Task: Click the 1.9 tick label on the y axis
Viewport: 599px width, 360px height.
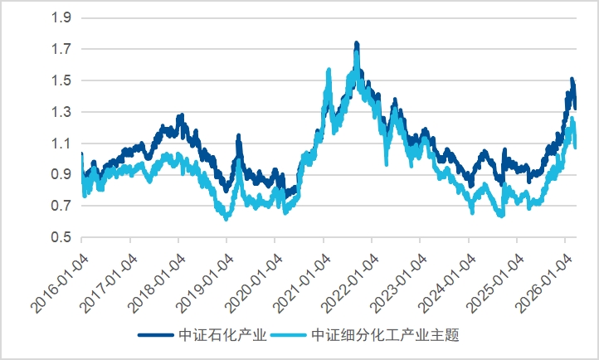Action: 61,17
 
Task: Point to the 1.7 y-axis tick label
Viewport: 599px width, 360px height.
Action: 61,49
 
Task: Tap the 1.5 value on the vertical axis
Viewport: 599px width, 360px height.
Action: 61,80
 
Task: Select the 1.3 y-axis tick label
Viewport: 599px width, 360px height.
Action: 61,112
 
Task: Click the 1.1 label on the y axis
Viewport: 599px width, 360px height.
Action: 61,144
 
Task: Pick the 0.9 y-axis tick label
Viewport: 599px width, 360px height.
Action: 61,174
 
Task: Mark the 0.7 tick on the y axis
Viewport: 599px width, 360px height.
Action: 61,206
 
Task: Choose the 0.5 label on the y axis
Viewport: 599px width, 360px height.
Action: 61,237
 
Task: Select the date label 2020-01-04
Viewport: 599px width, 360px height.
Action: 253,274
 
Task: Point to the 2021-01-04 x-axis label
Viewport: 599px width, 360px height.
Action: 301,274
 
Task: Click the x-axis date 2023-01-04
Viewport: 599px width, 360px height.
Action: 397,274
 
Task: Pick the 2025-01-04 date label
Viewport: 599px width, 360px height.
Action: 494,274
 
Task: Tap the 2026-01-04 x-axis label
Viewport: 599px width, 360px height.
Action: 543,274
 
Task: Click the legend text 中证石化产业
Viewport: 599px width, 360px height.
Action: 222,336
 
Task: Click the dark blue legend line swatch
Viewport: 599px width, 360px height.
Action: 157,336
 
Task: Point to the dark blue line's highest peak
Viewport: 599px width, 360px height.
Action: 357,43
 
